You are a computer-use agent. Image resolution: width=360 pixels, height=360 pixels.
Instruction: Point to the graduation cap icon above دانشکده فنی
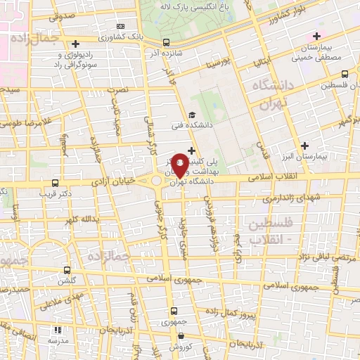(x=191, y=115)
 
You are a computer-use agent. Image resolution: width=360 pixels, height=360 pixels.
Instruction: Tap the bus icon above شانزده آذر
(x=166, y=42)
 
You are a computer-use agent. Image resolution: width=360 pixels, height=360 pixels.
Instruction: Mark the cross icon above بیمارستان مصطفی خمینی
(x=317, y=36)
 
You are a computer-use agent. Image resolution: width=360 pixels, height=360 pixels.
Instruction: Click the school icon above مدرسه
(x=58, y=328)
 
